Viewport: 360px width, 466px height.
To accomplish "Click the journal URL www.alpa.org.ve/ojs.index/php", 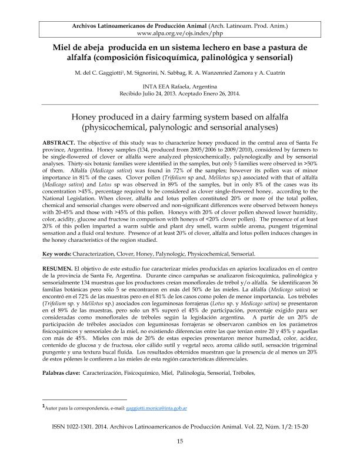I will click(x=179, y=35).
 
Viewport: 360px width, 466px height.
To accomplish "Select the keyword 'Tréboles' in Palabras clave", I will click(x=241, y=374).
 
